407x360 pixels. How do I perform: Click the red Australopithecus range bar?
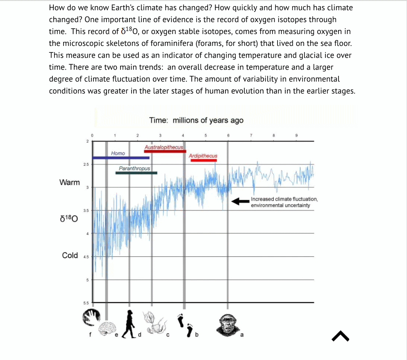(165, 151)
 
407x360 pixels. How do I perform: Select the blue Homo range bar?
(121, 157)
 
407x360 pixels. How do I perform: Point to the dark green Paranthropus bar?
(136, 173)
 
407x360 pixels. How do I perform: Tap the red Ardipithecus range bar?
(204, 160)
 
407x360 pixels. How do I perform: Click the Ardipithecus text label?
(203, 156)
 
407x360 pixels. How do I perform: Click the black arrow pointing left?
(240, 201)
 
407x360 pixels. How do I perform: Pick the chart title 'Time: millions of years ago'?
(196, 120)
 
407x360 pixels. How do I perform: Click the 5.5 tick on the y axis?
(85, 303)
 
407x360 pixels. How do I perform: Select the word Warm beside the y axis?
(70, 182)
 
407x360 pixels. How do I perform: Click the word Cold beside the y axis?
(70, 255)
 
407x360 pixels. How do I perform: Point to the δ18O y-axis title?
(69, 219)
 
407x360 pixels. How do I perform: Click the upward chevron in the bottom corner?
(341, 336)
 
